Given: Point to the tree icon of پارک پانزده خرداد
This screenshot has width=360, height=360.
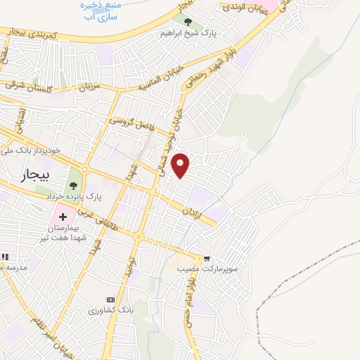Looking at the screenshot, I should [x=73, y=186].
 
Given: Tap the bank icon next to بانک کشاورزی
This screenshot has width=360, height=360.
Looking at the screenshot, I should [x=110, y=299].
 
